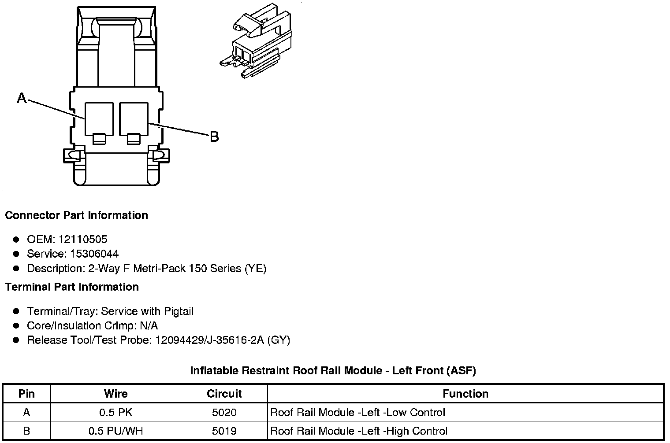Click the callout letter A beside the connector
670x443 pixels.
tap(22, 98)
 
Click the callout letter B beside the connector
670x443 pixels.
tap(214, 137)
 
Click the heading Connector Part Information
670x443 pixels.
tap(76, 215)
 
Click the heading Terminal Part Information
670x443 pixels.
tap(72, 287)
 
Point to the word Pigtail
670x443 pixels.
tap(179, 311)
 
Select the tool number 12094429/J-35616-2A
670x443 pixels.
tap(210, 340)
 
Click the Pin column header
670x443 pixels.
tap(26, 394)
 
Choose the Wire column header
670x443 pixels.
tap(115, 394)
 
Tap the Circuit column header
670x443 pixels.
tap(224, 394)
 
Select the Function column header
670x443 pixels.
tap(465, 394)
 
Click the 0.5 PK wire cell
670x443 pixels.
tap(115, 413)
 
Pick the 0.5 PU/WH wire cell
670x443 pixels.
tap(115, 431)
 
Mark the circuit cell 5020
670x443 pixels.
tap(224, 413)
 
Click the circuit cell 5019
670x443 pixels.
tap(224, 431)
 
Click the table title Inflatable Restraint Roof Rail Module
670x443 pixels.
tap(333, 371)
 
